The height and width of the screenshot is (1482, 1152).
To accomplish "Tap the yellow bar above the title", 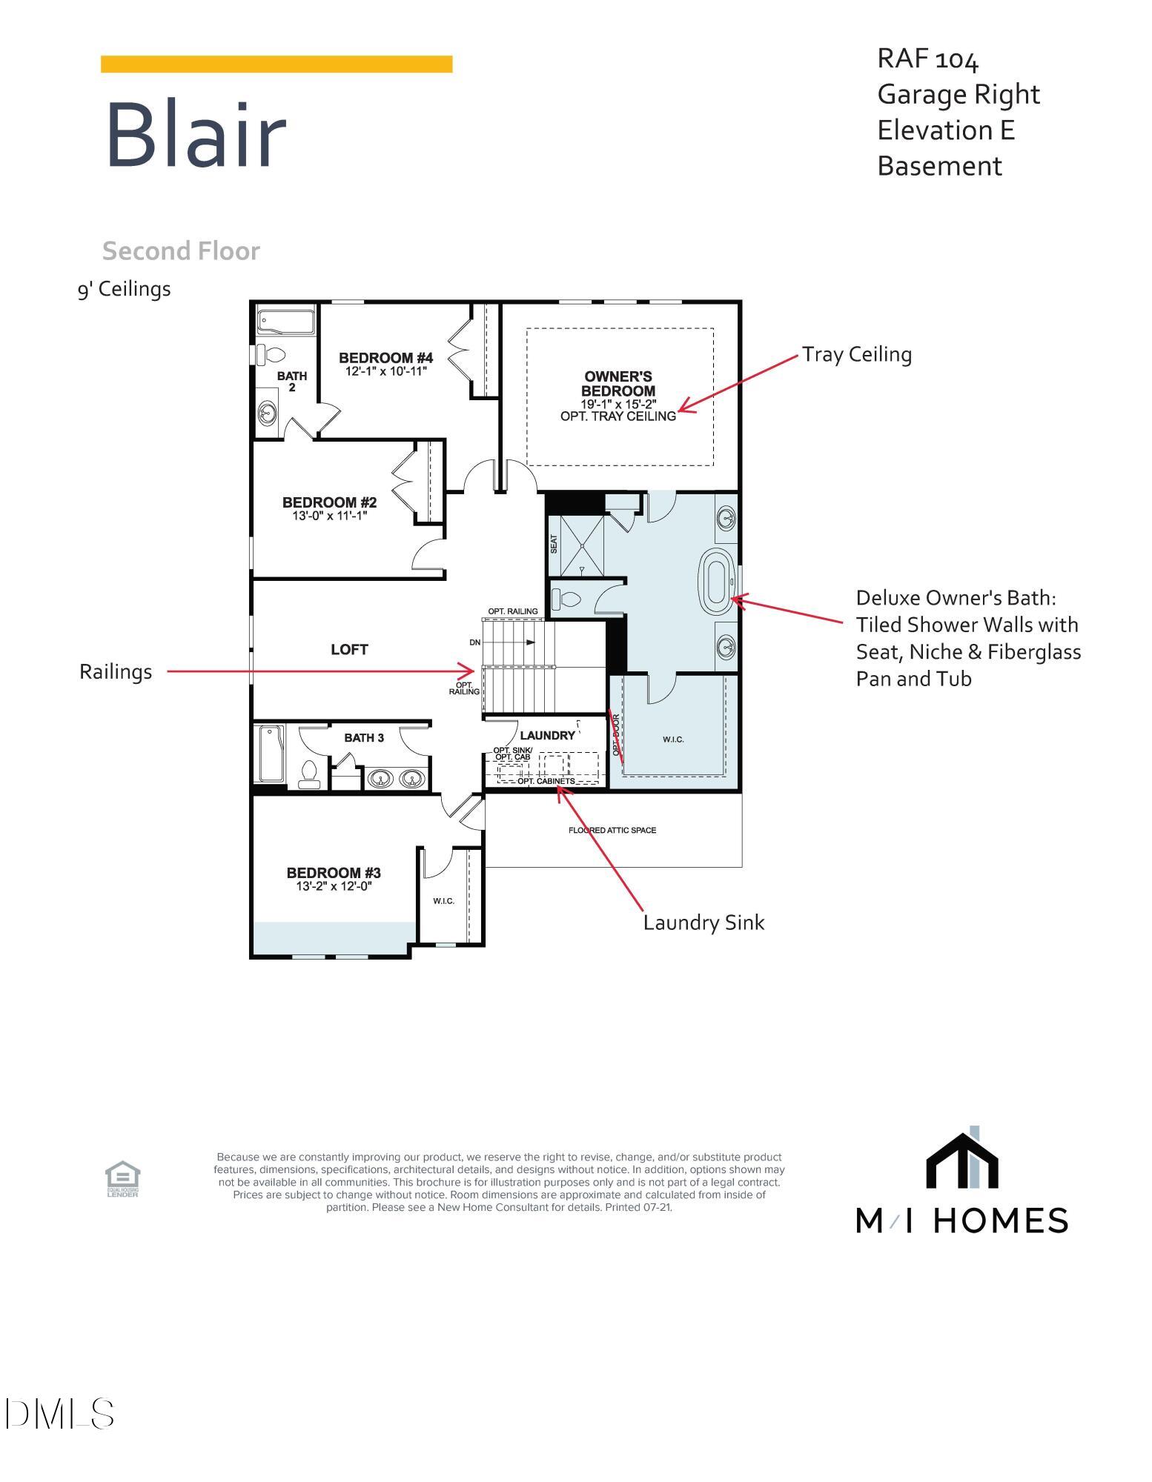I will (x=276, y=64).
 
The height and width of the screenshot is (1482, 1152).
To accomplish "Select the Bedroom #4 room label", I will (x=385, y=358).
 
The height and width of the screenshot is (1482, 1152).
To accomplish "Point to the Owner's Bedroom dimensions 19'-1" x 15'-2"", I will (x=618, y=404).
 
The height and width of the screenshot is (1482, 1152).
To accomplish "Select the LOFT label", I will (x=349, y=650).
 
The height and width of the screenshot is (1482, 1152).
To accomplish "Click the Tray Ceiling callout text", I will (x=856, y=354).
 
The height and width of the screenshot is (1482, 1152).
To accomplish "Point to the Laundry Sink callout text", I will (x=703, y=923).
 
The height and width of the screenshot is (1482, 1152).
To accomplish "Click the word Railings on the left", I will (x=116, y=672).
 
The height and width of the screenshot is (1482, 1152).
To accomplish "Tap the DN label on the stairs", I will (x=475, y=642).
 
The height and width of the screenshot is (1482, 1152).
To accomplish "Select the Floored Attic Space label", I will (x=612, y=830).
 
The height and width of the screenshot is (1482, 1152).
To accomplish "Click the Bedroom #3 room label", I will (x=334, y=873).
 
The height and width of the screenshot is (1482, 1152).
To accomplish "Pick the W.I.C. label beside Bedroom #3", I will (x=443, y=900).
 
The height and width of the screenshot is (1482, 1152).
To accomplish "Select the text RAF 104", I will (x=927, y=59).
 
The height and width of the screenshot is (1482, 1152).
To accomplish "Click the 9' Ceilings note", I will (x=124, y=289).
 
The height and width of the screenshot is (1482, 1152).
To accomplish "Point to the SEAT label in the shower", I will (x=554, y=545).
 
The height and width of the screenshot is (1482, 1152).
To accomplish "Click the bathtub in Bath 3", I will (x=271, y=754).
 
